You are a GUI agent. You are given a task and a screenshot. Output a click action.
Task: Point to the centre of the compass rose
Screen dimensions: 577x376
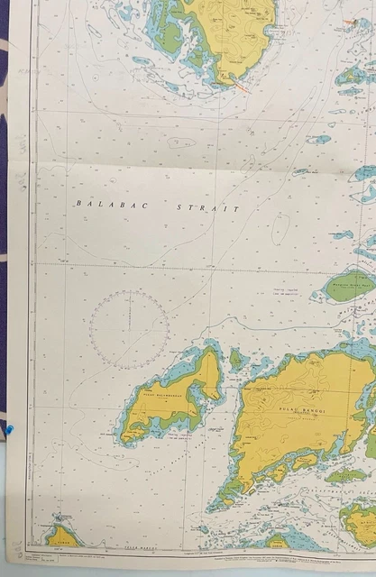point(129,328)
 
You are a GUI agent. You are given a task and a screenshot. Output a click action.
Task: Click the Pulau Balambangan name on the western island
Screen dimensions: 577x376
point(160,394)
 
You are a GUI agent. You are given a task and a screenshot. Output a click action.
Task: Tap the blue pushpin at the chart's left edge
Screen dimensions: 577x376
point(8,431)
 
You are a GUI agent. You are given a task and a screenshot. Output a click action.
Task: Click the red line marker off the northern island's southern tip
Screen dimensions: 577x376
point(240,86)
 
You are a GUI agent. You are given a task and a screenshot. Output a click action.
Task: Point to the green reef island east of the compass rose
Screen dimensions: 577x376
point(347,285)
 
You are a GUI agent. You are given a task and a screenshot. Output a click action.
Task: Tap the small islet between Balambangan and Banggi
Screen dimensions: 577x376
point(236,359)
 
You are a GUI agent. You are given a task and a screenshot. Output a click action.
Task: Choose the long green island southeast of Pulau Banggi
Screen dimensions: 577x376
point(346,474)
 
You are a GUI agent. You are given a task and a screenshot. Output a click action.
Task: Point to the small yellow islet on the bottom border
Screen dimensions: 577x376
point(278,540)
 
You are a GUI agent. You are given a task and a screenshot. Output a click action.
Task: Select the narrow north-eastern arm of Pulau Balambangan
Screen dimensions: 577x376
point(208,370)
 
